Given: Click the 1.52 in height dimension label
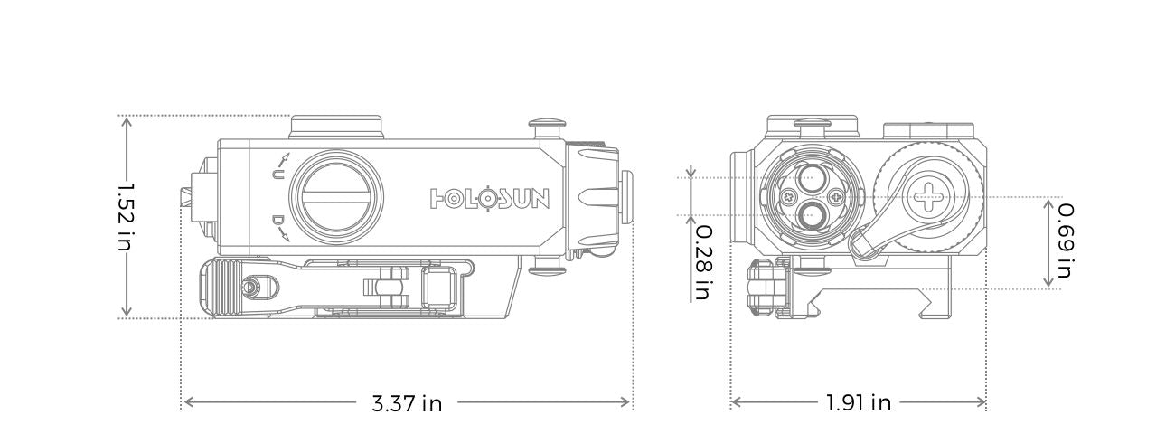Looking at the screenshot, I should [x=126, y=217].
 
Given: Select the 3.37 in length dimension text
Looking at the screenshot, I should [x=407, y=403].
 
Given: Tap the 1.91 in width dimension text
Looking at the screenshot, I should [x=858, y=403].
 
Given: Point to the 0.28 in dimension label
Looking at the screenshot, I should [x=702, y=263].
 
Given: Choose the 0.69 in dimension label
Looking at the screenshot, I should [x=1066, y=241].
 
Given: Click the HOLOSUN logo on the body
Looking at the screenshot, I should [x=489, y=198].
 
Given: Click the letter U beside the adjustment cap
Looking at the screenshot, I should [x=278, y=175].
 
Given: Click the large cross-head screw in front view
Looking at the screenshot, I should [x=928, y=195].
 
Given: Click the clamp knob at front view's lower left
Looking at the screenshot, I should [x=762, y=288].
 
